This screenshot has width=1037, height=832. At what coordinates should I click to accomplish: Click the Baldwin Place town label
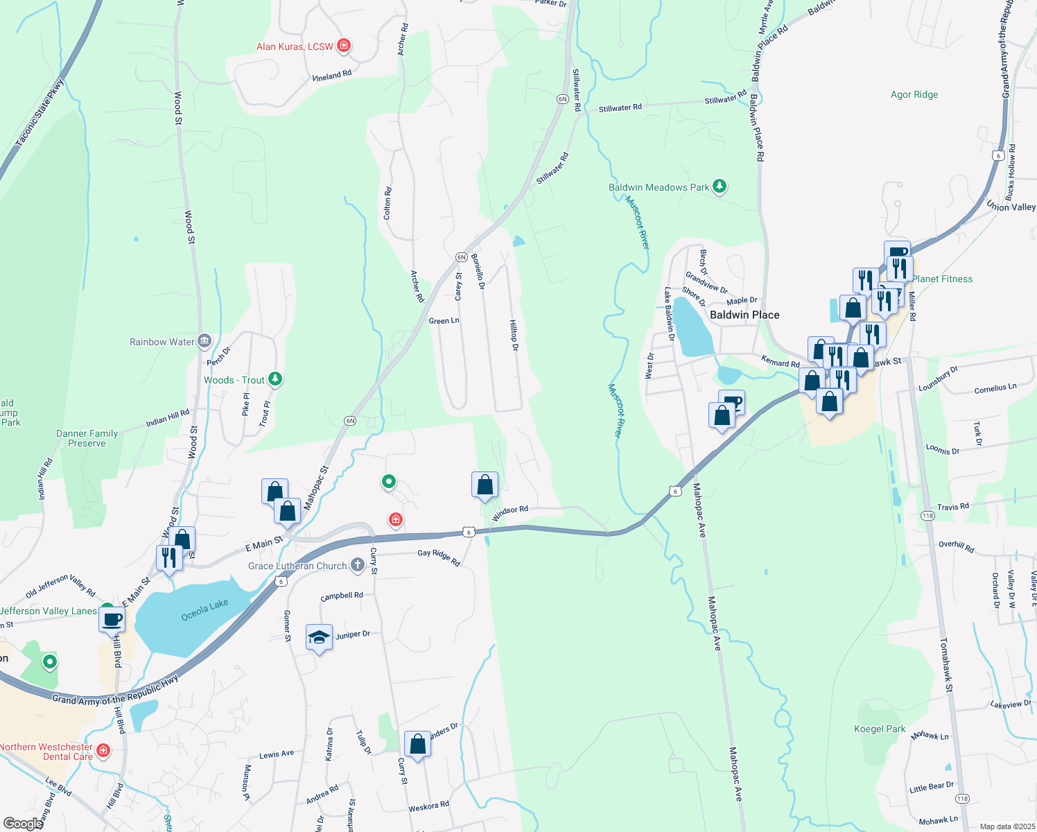pos(744,315)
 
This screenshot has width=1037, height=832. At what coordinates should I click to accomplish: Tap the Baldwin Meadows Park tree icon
pos(720,187)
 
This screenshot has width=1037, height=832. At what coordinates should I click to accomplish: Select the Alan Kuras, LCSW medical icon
pos(343,46)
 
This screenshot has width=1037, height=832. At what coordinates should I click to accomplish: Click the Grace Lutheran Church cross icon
pos(357,565)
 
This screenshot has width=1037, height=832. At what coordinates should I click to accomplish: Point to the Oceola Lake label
pos(204,611)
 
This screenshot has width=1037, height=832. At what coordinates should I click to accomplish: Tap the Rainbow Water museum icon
pos(204,341)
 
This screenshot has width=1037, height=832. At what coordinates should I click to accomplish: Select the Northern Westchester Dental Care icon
pos(103,750)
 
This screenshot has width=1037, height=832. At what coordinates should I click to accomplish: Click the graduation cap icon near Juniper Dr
pos(319,636)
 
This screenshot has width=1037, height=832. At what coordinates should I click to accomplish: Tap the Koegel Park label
pos(880,729)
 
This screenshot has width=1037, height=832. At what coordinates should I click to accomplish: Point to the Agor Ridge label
pos(914,94)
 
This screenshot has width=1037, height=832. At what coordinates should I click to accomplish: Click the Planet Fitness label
pos(942,279)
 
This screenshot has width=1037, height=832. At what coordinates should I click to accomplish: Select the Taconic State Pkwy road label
pos(40,113)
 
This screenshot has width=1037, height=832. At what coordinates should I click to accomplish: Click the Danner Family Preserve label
pos(87,438)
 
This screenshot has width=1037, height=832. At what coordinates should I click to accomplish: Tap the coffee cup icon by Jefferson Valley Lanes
pos(112,619)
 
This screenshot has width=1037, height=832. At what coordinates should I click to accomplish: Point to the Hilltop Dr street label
pos(514,335)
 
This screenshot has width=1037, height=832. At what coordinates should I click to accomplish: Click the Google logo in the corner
pos(23,824)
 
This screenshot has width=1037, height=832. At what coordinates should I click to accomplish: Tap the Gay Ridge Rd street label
pos(439,557)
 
